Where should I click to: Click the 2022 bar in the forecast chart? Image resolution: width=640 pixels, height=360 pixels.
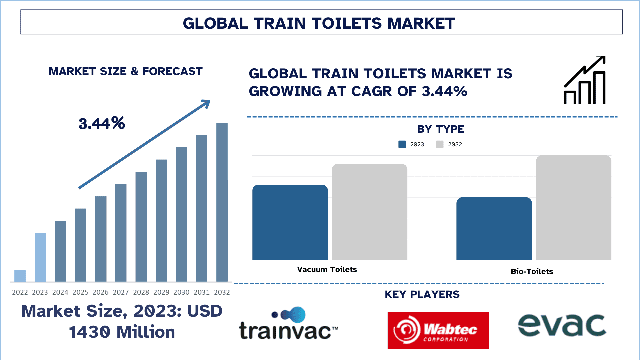coord(20,276)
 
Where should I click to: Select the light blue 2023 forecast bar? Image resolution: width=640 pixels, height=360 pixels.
coord(40,257)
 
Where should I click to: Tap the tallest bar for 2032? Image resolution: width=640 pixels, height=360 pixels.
coord(222,202)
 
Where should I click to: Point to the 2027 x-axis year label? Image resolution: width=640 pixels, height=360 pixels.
coord(121,292)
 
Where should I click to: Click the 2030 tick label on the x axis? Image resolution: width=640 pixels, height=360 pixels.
coord(181,292)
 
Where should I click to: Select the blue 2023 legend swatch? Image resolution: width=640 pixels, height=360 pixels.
coord(402,144)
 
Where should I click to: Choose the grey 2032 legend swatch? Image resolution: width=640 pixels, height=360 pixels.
coord(440,144)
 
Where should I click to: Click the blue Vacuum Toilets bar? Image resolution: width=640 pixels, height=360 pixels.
coord(290,222)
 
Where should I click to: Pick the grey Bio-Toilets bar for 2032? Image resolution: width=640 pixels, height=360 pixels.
coord(574,208)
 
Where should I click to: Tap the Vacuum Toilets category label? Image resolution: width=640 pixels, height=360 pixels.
coord(327,269)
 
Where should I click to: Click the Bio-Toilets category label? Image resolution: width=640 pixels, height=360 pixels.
coord(532,271)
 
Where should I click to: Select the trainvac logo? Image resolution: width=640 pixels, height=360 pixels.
coord(289,323)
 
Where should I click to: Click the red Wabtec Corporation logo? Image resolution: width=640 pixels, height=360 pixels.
coord(438,330)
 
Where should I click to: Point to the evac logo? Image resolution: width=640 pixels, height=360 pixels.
coord(562,325)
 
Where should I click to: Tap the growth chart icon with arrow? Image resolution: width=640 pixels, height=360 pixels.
coord(585,80)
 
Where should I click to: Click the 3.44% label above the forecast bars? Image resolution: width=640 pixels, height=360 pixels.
coord(102,123)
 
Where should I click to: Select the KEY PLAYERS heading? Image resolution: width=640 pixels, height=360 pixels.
coord(422,294)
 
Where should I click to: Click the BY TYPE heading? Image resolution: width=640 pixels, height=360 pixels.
coord(441,129)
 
